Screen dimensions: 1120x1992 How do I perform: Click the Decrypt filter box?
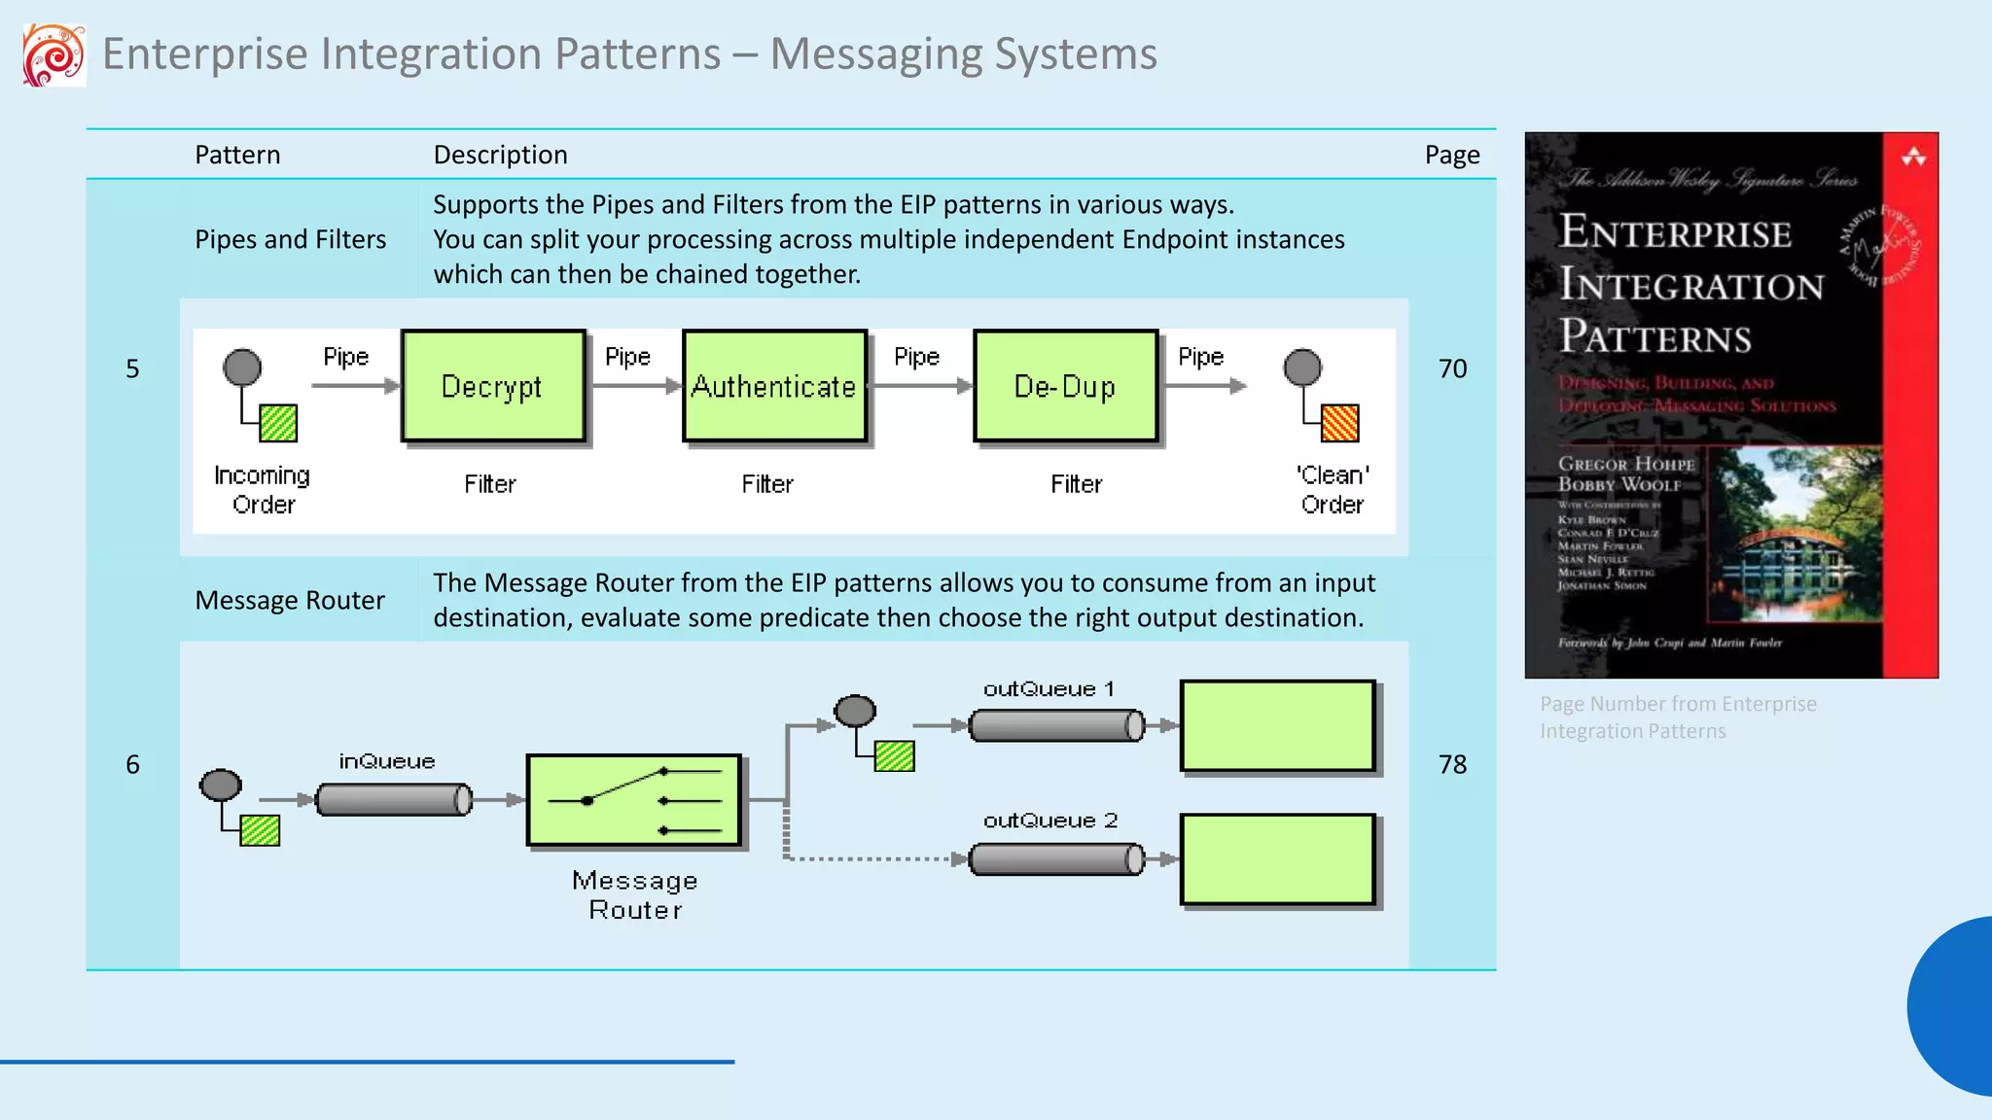(x=493, y=386)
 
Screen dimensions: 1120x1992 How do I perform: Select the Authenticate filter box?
(x=774, y=386)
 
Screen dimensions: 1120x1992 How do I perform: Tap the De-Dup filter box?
(x=1065, y=386)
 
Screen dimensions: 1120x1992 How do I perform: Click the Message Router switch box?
(x=634, y=800)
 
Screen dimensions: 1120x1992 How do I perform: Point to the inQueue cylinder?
(x=394, y=800)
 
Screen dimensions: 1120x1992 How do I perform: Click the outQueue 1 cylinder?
(x=1056, y=725)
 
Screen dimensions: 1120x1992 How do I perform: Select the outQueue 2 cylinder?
(x=1056, y=859)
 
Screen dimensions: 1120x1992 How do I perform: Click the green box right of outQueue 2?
(x=1277, y=859)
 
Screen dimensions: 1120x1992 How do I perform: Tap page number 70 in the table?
(x=1452, y=368)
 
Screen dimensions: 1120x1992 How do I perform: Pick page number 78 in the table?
(x=1452, y=764)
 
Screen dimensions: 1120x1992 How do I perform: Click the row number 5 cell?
(x=132, y=368)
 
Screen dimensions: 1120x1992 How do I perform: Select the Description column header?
(x=500, y=155)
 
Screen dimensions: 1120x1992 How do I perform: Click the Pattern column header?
(x=237, y=155)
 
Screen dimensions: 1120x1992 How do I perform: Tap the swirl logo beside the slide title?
(x=54, y=55)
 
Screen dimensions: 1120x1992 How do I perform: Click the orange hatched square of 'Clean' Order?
(x=1339, y=423)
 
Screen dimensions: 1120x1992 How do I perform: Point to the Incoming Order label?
(x=263, y=489)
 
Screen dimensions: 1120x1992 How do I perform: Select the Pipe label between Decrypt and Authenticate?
(x=627, y=357)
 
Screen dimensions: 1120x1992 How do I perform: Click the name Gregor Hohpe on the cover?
(x=1625, y=464)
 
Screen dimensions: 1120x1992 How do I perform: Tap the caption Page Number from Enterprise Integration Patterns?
(x=1677, y=717)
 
